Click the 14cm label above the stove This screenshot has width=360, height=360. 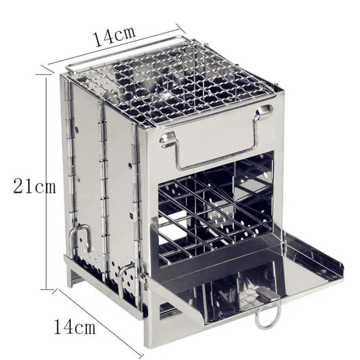click(114, 37)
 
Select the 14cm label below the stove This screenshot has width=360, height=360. click(75, 326)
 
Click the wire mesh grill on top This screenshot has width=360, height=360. click(174, 90)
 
